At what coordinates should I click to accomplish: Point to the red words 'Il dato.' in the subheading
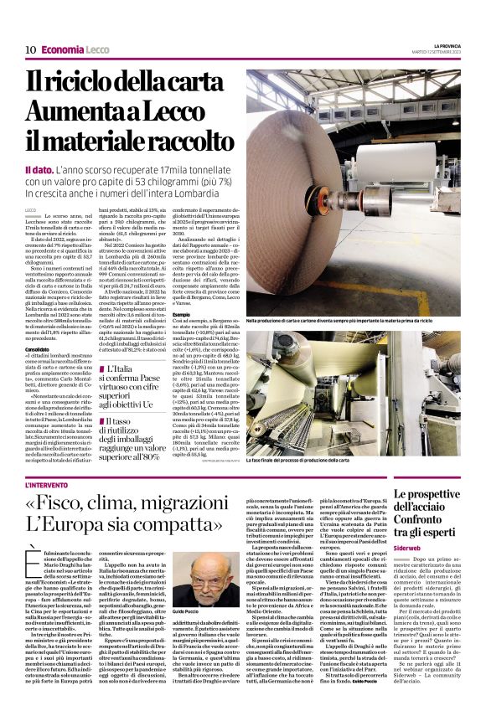click(40, 170)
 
